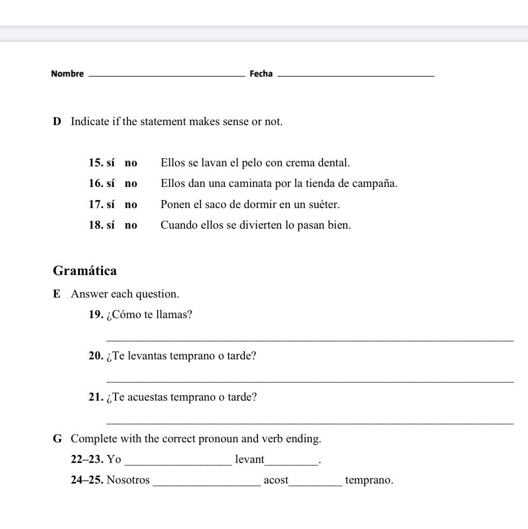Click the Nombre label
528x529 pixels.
pyautogui.click(x=67, y=74)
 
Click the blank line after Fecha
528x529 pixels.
pyautogui.click(x=356, y=75)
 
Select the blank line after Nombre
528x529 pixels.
pyautogui.click(x=166, y=75)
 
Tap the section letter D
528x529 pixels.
pyautogui.click(x=57, y=122)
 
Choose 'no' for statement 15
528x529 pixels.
pyautogui.click(x=131, y=163)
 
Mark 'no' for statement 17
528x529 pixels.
pyautogui.click(x=131, y=204)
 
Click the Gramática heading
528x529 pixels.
pyautogui.click(x=85, y=271)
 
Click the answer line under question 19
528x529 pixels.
pyautogui.click(x=310, y=340)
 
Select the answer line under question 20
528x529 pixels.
pyautogui.click(x=310, y=381)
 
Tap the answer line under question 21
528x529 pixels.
pyautogui.click(x=310, y=422)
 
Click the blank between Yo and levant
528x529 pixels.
pyautogui.click(x=178, y=463)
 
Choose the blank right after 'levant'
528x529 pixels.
pyautogui.click(x=291, y=463)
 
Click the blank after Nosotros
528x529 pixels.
pyautogui.click(x=206, y=484)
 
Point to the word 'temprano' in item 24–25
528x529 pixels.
pyautogui.click(x=368, y=480)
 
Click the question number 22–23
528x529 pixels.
pyautogui.click(x=87, y=460)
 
